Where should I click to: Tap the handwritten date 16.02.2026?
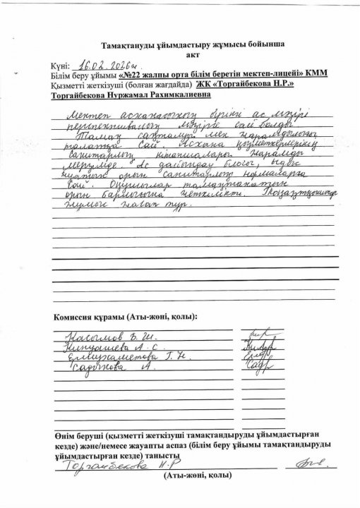pyautogui.click(x=107, y=63)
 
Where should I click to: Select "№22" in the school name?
pyautogui.click(x=136, y=74)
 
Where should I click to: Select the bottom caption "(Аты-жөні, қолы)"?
pyautogui.click(x=197, y=476)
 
